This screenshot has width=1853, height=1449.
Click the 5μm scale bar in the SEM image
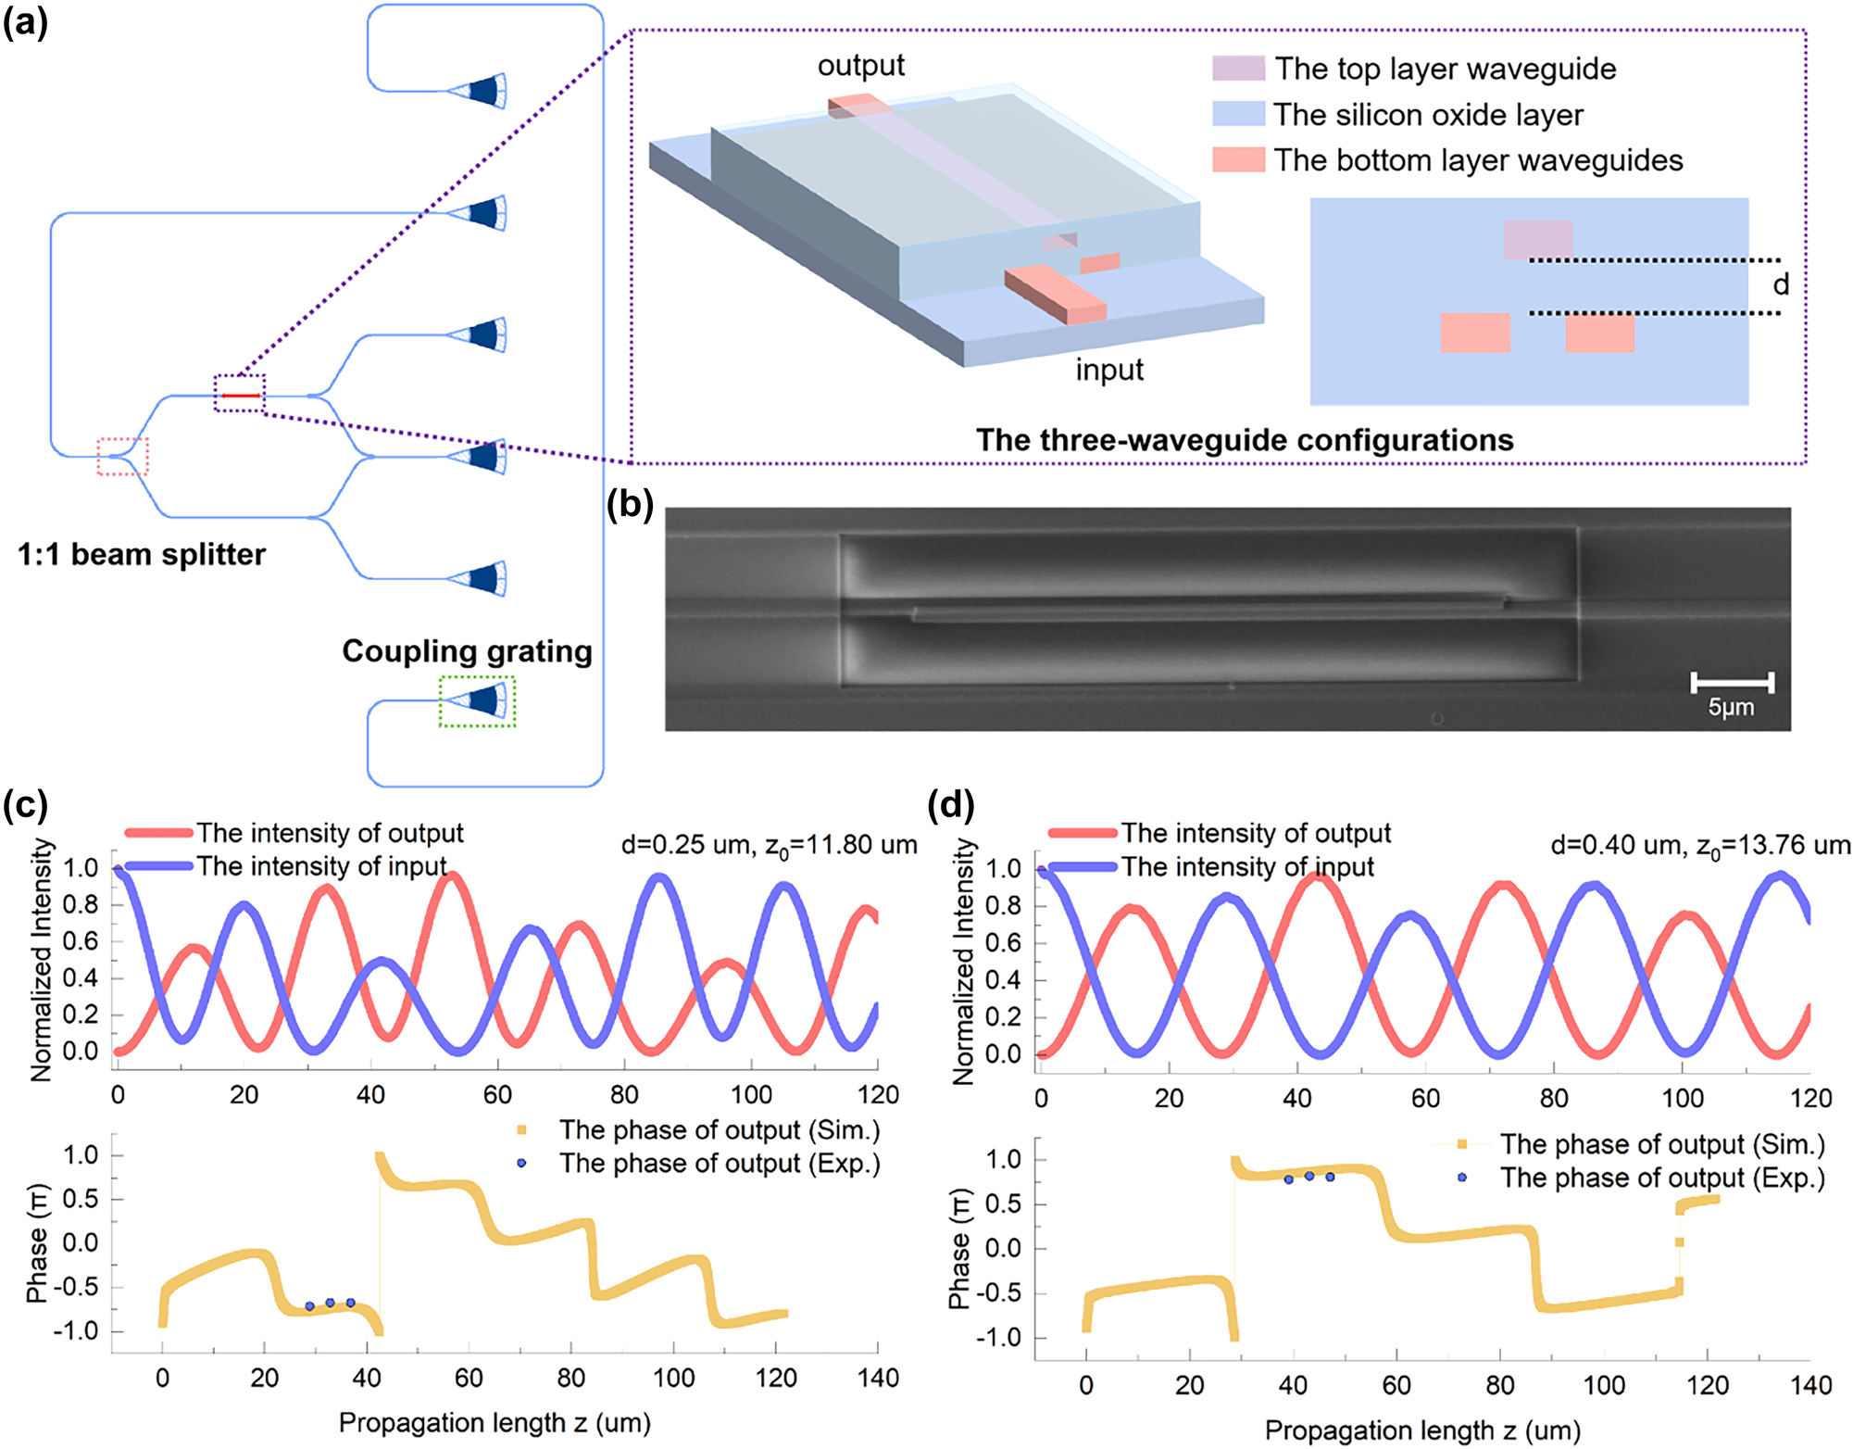[x=1732, y=684]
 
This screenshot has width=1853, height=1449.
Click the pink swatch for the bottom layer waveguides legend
[x=1238, y=159]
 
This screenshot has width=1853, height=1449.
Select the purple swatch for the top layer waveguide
[x=1238, y=68]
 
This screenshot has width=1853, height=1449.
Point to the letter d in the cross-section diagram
[x=1781, y=284]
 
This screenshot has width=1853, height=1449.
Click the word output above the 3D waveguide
[x=860, y=65]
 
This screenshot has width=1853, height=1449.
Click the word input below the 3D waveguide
[x=1108, y=370]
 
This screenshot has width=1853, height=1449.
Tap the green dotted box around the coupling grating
[x=477, y=701]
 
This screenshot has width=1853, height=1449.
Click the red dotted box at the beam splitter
[x=123, y=456]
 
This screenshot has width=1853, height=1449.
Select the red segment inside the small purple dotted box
[x=241, y=396]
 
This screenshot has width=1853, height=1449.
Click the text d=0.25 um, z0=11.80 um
[x=769, y=845]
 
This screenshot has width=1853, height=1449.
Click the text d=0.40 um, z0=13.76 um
[x=1700, y=845]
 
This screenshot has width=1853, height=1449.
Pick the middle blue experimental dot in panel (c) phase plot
[x=330, y=1303]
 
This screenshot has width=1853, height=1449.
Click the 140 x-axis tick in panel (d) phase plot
[x=1810, y=1386]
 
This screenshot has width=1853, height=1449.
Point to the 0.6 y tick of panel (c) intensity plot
[x=80, y=941]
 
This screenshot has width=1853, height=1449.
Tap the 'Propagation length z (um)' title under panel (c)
[x=495, y=1422]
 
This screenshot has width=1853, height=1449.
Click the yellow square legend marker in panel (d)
[x=1461, y=1144]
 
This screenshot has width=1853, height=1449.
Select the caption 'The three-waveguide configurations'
[x=1244, y=440]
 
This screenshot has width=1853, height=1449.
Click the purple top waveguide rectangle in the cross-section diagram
[x=1537, y=239]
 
